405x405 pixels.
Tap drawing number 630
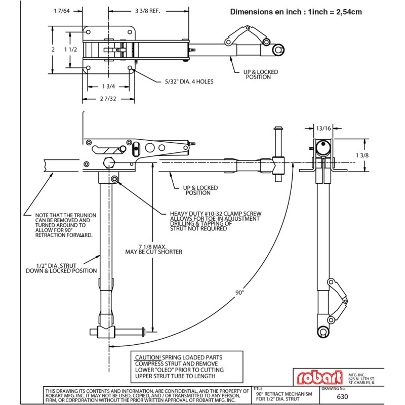coord(343,397)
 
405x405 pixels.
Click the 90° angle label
coord(239,292)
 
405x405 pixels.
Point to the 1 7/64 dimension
coord(61,10)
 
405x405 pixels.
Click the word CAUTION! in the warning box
coord(148,357)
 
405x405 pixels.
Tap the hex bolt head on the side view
coord(108,163)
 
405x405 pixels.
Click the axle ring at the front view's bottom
coord(322,331)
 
